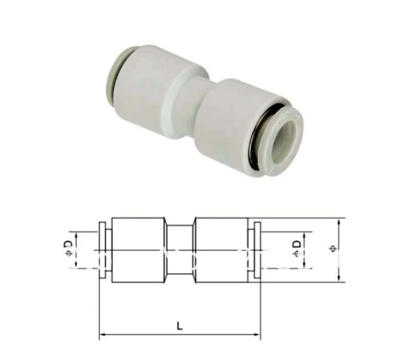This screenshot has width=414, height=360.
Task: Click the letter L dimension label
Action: coord(179,326)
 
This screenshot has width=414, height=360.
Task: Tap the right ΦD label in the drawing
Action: coord(297,247)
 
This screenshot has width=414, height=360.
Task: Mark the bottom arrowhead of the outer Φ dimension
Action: coord(339,277)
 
